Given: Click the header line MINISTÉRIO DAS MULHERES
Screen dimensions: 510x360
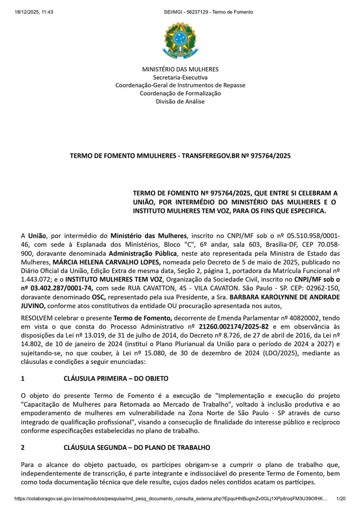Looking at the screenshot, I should [x=180, y=69].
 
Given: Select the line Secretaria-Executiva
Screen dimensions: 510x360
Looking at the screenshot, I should [x=180, y=77].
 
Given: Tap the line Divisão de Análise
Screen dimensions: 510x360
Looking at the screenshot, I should [x=180, y=101].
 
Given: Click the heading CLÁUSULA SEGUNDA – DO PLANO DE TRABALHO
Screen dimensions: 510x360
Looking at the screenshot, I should [x=137, y=448].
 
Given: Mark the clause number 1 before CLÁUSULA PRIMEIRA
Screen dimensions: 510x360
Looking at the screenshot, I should [x=23, y=378].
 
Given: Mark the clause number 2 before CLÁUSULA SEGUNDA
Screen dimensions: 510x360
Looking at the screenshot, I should [x=23, y=448].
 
